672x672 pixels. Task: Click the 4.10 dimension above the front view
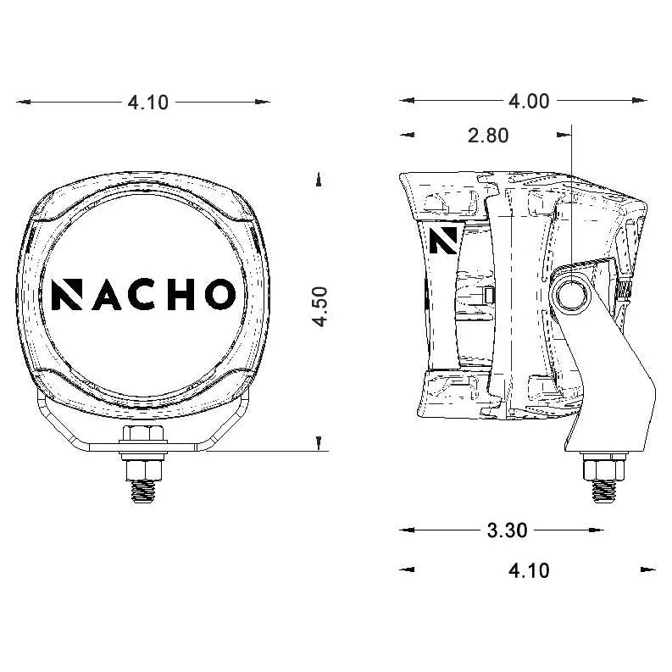147,103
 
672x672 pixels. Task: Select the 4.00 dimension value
528,102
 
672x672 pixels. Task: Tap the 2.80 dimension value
488,135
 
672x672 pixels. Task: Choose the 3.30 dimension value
507,530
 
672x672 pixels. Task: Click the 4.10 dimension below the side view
528,570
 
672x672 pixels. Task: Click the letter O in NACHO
217,294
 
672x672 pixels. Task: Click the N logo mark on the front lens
66,294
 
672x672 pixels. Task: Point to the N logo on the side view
442,240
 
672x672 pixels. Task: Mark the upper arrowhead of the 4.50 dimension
319,179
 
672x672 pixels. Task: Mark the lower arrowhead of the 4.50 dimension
319,443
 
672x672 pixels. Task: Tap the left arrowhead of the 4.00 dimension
407,102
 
